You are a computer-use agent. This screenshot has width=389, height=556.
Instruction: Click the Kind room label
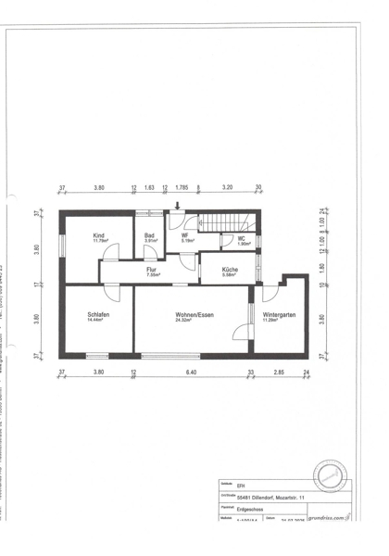[99, 236]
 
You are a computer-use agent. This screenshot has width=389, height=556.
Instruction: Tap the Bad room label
[149, 236]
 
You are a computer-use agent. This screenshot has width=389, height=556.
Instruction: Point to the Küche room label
[230, 270]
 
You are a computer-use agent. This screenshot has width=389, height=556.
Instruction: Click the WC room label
[241, 240]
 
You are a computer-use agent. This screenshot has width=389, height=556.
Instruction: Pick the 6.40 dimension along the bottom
[191, 373]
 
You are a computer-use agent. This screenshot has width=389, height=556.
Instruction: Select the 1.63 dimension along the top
[149, 188]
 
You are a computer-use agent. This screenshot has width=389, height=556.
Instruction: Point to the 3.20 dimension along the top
[228, 188]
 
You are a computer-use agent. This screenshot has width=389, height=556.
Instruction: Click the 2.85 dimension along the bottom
[278, 373]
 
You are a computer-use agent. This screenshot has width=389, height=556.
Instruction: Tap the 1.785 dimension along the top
[182, 188]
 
